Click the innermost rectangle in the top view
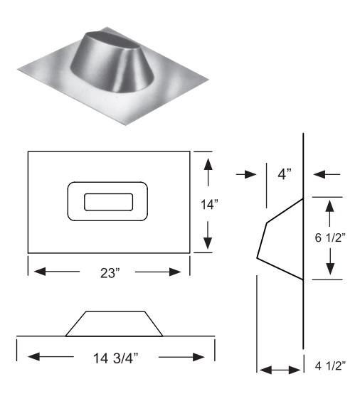click(108, 202)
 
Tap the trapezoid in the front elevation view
click(114, 324)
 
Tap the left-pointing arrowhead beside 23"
click(40, 271)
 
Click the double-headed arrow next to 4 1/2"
click(280, 369)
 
